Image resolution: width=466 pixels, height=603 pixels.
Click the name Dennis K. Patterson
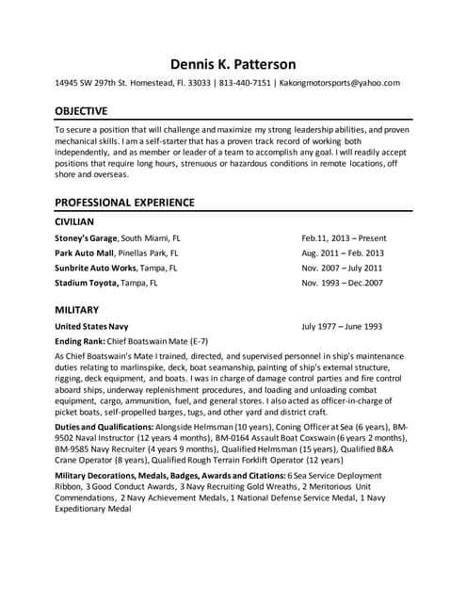tap(233, 64)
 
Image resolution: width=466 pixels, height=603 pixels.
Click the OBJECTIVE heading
tap(81, 110)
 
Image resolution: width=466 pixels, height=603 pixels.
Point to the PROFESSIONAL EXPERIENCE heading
tap(124, 202)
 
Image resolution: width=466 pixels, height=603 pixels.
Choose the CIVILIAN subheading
tap(74, 221)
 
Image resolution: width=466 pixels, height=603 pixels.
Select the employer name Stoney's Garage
tap(87, 238)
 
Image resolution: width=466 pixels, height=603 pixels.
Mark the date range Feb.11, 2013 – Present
tap(344, 238)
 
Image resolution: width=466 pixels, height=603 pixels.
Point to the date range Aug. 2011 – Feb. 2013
tap(343, 253)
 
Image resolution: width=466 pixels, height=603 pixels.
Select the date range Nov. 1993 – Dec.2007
tap(342, 282)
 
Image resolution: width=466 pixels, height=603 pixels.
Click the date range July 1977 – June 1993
tap(341, 326)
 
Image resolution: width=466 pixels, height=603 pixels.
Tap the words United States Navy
tap(92, 326)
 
